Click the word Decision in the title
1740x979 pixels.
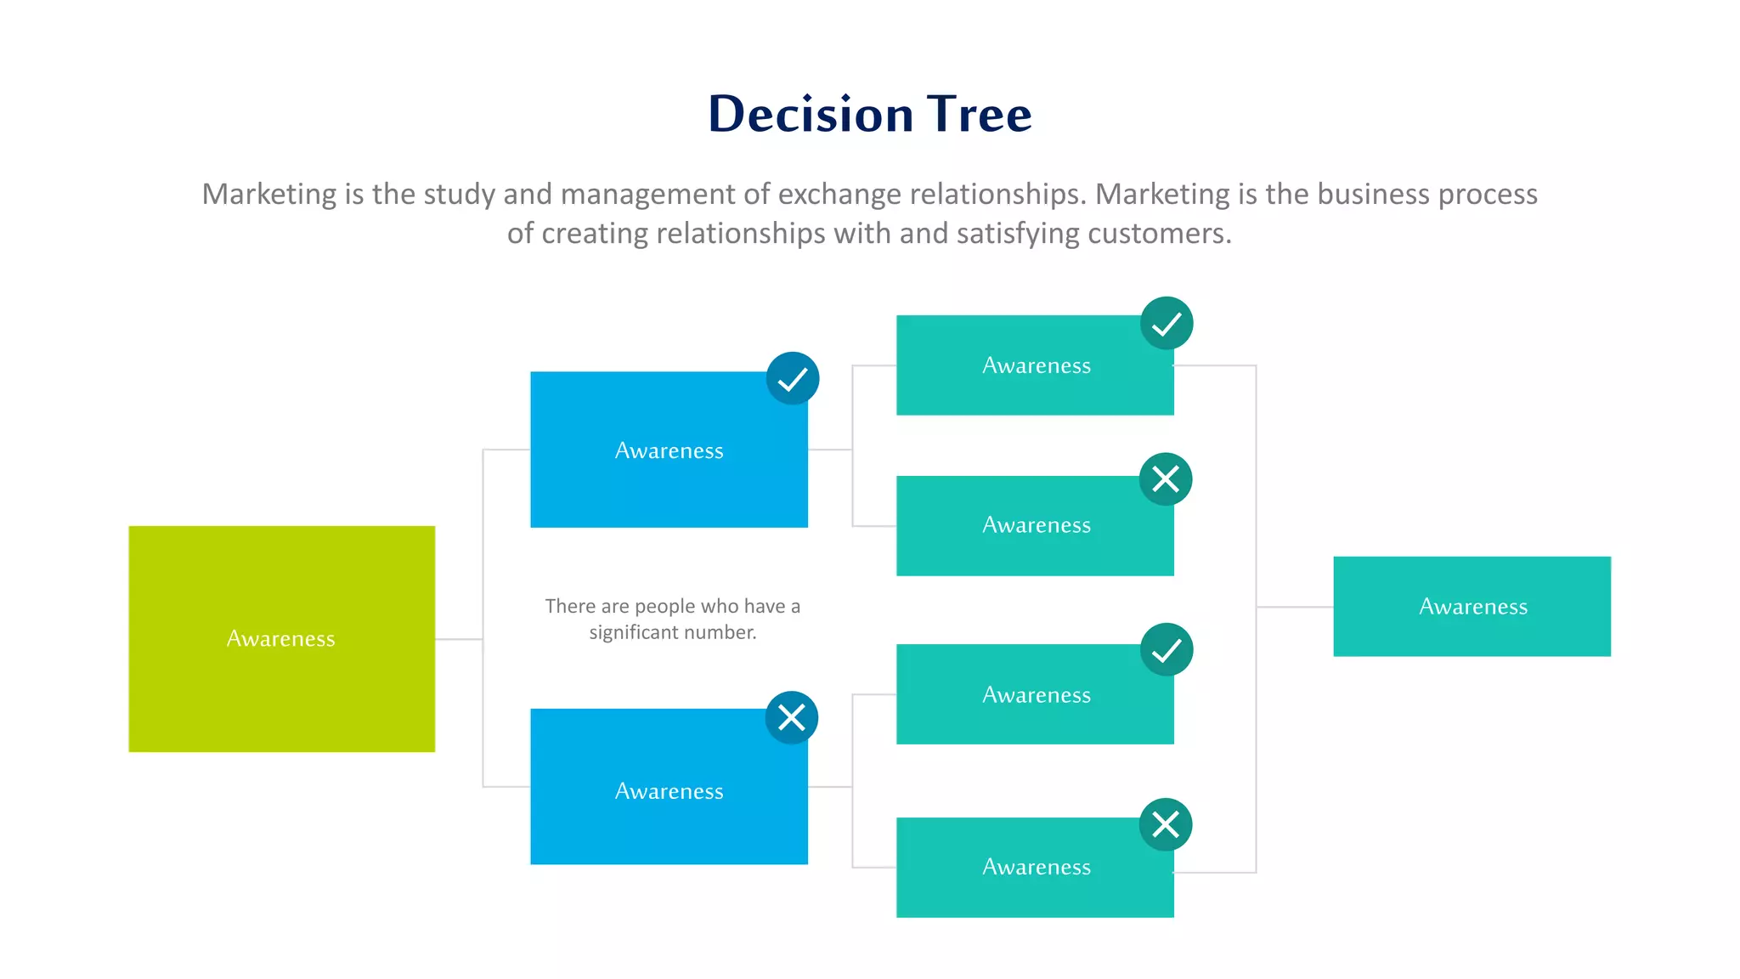[x=811, y=114]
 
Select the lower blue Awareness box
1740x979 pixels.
[x=669, y=816]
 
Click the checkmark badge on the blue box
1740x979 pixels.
[x=792, y=378]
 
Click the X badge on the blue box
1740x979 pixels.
[x=791, y=717]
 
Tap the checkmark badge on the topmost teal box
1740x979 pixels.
[x=1166, y=323]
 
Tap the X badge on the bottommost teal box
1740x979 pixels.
[x=1165, y=823]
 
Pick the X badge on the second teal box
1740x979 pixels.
[x=1165, y=478]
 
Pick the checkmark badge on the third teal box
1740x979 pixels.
[x=1166, y=650]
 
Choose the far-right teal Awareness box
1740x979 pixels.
[x=1472, y=607]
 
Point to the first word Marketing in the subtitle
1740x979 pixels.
[x=269, y=195]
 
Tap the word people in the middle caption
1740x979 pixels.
[x=665, y=606]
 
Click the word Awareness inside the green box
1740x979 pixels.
[x=280, y=639]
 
